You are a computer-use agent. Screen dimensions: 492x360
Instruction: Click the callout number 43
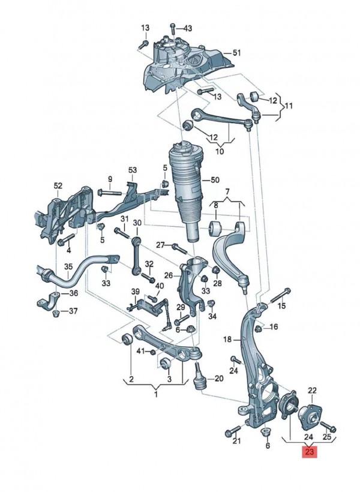(188, 28)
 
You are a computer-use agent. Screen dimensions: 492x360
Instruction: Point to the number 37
(73, 311)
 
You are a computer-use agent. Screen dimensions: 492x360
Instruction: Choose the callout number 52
(58, 185)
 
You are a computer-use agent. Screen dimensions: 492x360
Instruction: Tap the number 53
(132, 170)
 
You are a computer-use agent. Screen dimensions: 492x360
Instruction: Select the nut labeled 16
(259, 328)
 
